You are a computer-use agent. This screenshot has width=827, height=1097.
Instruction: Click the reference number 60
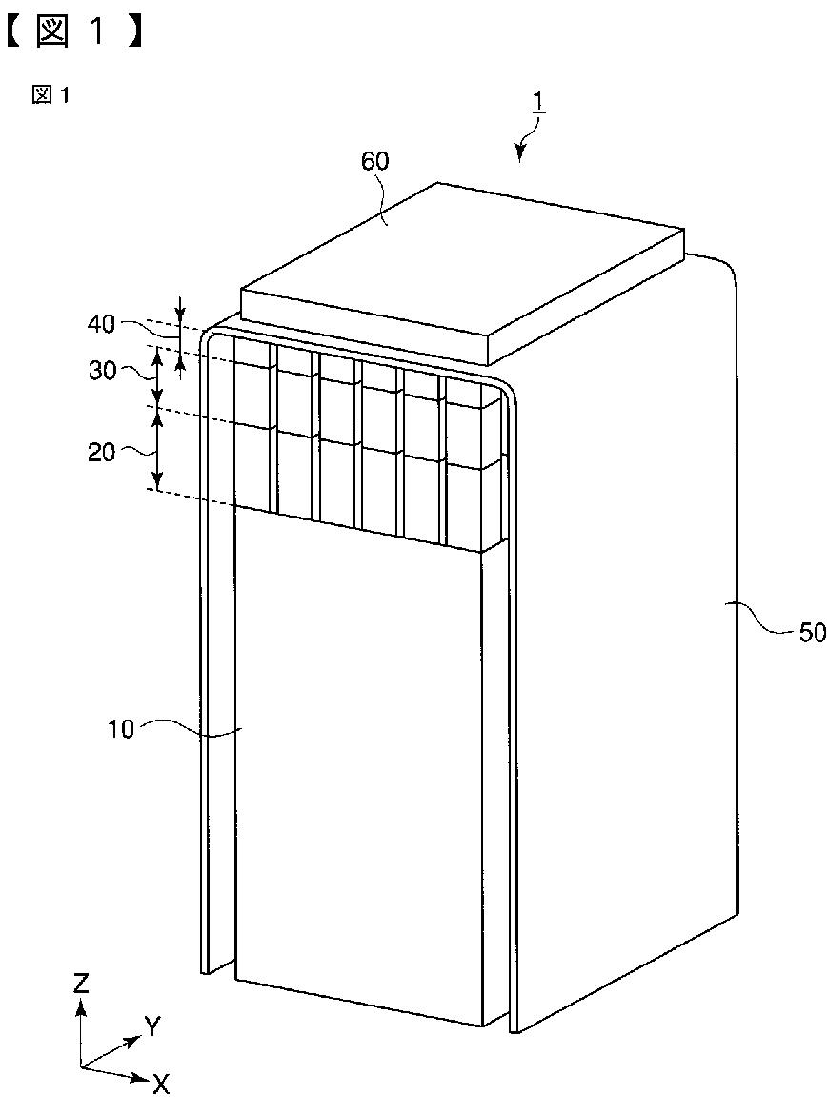374,161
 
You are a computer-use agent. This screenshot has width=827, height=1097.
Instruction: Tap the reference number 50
811,632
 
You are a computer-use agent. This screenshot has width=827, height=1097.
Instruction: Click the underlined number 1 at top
538,101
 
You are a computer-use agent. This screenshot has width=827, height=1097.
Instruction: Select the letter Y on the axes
152,1026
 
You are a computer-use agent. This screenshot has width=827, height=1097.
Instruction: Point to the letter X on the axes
162,1083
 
